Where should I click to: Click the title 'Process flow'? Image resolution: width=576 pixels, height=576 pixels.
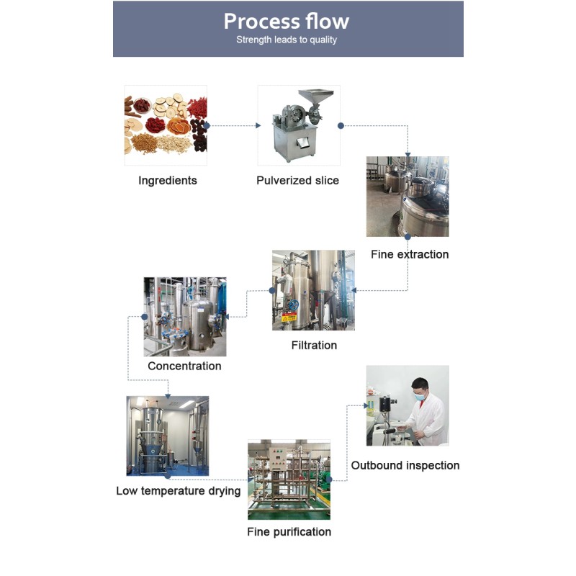pos(287,21)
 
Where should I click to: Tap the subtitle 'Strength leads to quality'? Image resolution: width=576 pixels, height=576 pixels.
pos(287,40)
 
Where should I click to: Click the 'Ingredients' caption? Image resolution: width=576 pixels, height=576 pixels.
pos(167,181)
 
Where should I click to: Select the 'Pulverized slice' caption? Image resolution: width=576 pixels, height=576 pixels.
pos(297,181)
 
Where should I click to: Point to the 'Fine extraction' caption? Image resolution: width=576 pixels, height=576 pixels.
pos(410,254)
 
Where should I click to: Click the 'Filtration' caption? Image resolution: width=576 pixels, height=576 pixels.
pos(314,346)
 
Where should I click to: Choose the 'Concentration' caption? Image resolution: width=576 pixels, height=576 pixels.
pos(184,366)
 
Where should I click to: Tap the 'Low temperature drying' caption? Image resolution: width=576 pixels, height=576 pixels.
pos(179,491)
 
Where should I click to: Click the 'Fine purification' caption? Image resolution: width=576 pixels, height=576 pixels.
pos(289,532)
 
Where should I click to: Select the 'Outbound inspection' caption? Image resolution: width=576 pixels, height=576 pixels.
pos(405,465)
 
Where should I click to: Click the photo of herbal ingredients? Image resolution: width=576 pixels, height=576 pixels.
pos(166,125)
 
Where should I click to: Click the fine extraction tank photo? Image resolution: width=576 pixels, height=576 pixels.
pos(408,197)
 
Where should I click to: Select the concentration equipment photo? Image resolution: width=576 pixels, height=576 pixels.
pos(185,317)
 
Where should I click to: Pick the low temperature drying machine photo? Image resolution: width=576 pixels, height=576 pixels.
pos(168,436)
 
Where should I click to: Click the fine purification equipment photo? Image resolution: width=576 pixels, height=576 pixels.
pos(289,480)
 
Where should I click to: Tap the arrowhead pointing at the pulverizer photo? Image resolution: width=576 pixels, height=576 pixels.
pos(258,125)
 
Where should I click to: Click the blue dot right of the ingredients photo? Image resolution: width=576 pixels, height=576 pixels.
pos(207,125)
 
